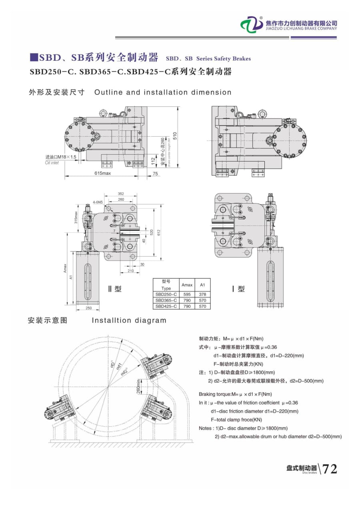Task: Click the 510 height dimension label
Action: click(x=175, y=136)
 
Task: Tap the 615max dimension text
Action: click(x=103, y=174)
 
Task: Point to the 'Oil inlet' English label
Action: click(x=52, y=163)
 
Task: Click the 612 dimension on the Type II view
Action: click(x=158, y=232)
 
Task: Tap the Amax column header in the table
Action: click(x=187, y=285)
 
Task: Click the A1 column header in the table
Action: click(x=202, y=285)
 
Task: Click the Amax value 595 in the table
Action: click(x=187, y=294)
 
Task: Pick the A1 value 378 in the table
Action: click(x=202, y=294)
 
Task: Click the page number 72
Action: click(x=330, y=469)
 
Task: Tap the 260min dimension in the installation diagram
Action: click(x=138, y=387)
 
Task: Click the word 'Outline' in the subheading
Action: click(x=108, y=92)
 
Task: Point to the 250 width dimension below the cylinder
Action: click(x=89, y=308)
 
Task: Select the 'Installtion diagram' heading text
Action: click(x=129, y=320)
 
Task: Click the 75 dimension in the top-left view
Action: click(x=155, y=174)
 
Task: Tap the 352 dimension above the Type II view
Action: click(x=121, y=194)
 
